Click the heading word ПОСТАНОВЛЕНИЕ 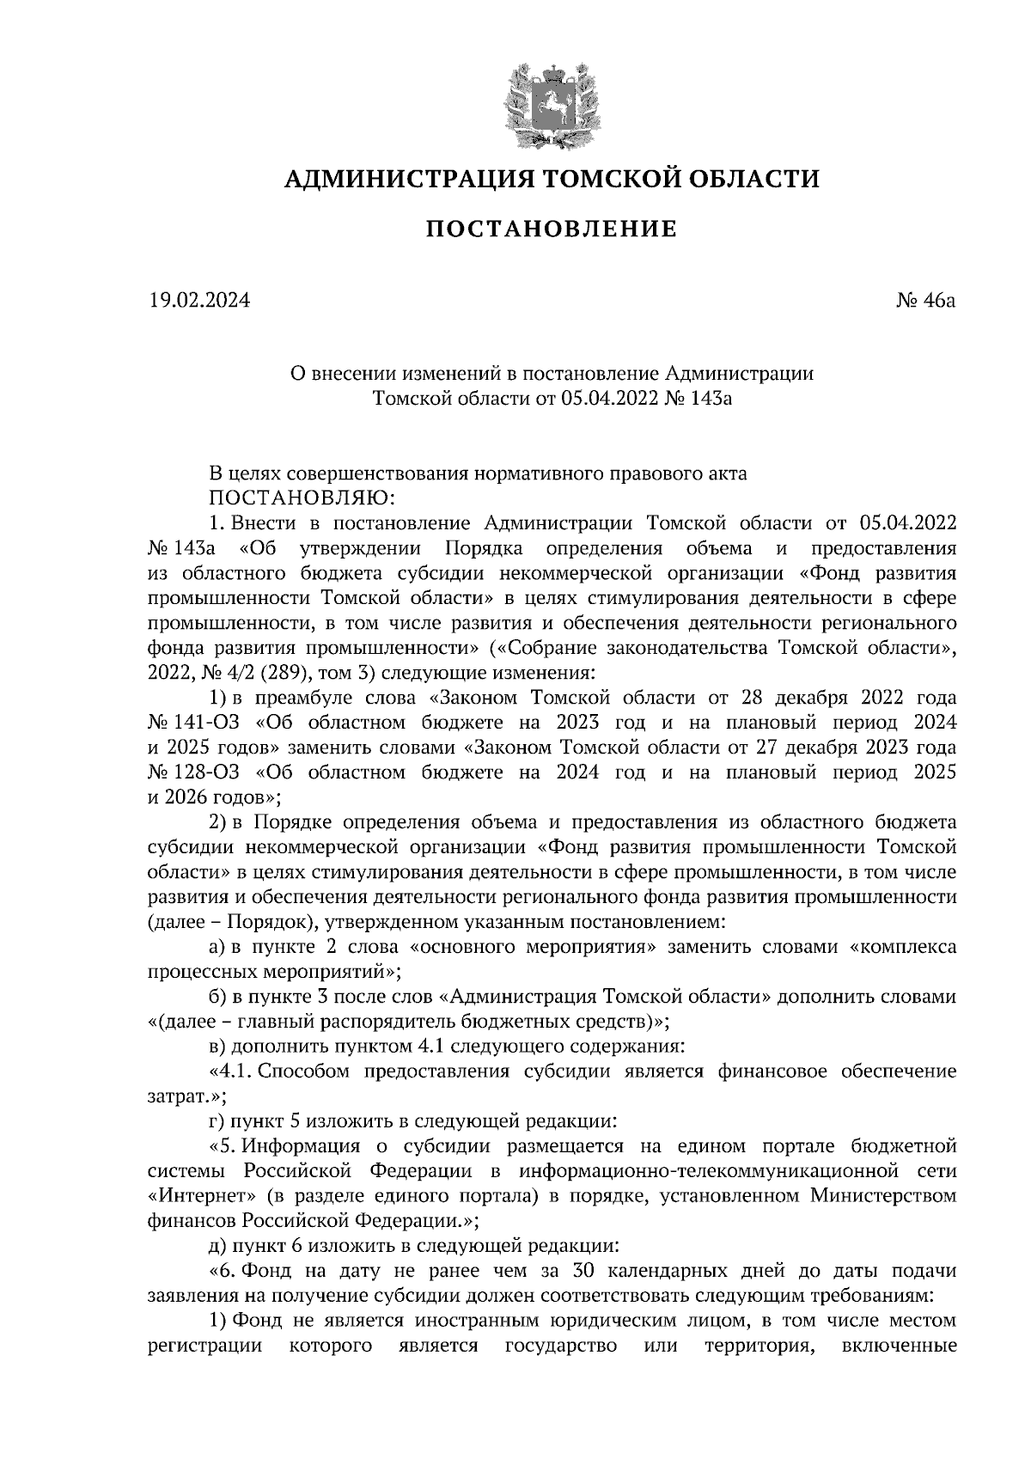coord(552,229)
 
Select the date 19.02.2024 coord(198,301)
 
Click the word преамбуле coord(290,698)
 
